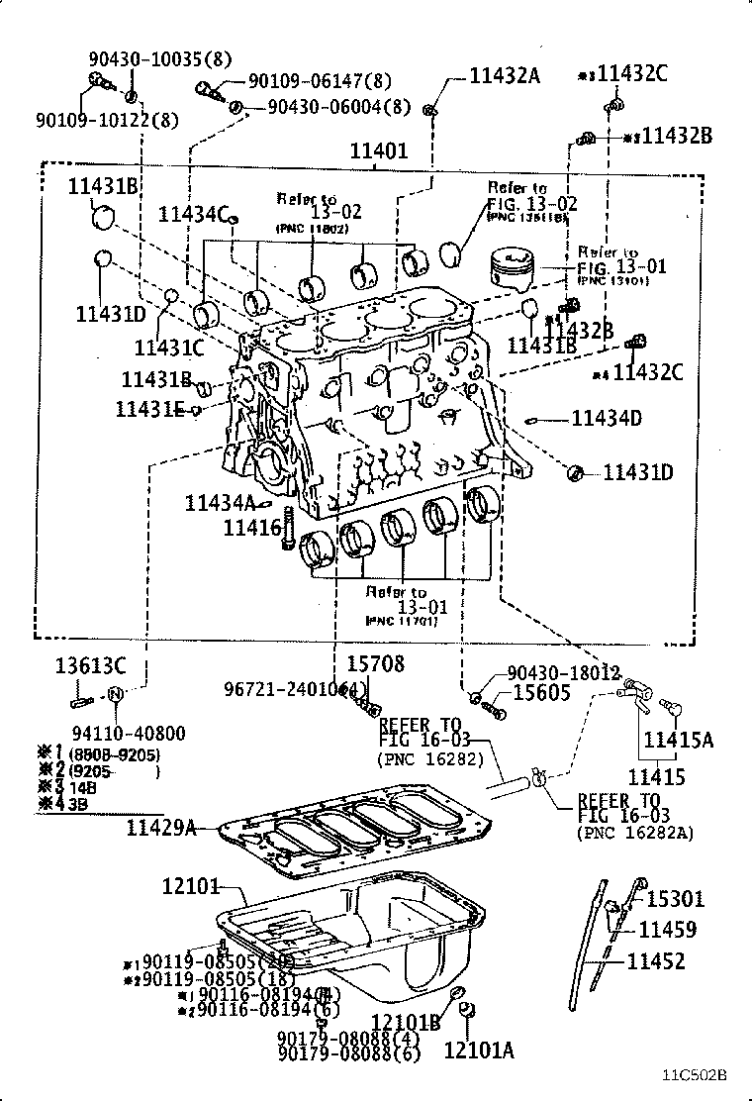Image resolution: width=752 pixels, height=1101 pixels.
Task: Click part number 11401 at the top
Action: click(x=378, y=151)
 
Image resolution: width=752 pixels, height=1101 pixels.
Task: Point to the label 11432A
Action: click(x=505, y=74)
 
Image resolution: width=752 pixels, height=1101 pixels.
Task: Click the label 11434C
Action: click(x=194, y=213)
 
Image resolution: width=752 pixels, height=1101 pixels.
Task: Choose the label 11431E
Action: click(x=150, y=408)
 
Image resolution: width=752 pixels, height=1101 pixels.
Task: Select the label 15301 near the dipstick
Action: click(x=675, y=899)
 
